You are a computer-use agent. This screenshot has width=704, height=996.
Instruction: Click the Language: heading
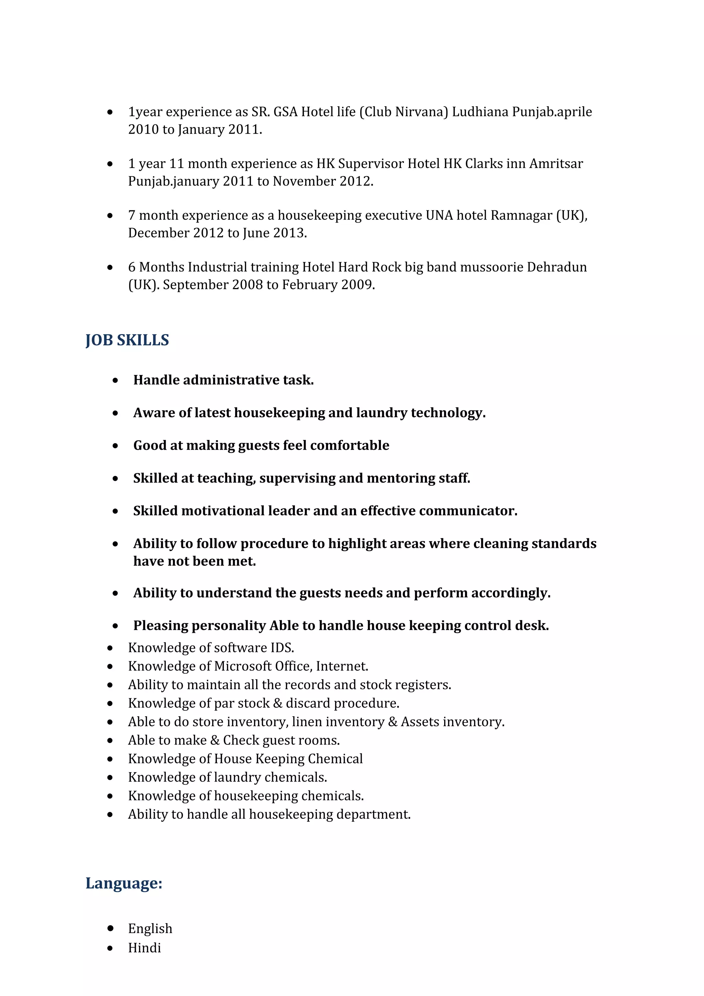[x=124, y=883]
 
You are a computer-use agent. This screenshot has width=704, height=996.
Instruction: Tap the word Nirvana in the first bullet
[x=421, y=112]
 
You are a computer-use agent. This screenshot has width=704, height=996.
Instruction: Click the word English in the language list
[x=150, y=928]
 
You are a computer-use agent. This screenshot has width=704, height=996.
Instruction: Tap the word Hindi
[x=144, y=948]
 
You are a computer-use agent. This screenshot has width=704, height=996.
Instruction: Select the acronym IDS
[x=282, y=648]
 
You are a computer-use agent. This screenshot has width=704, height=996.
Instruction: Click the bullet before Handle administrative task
[x=115, y=380]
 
